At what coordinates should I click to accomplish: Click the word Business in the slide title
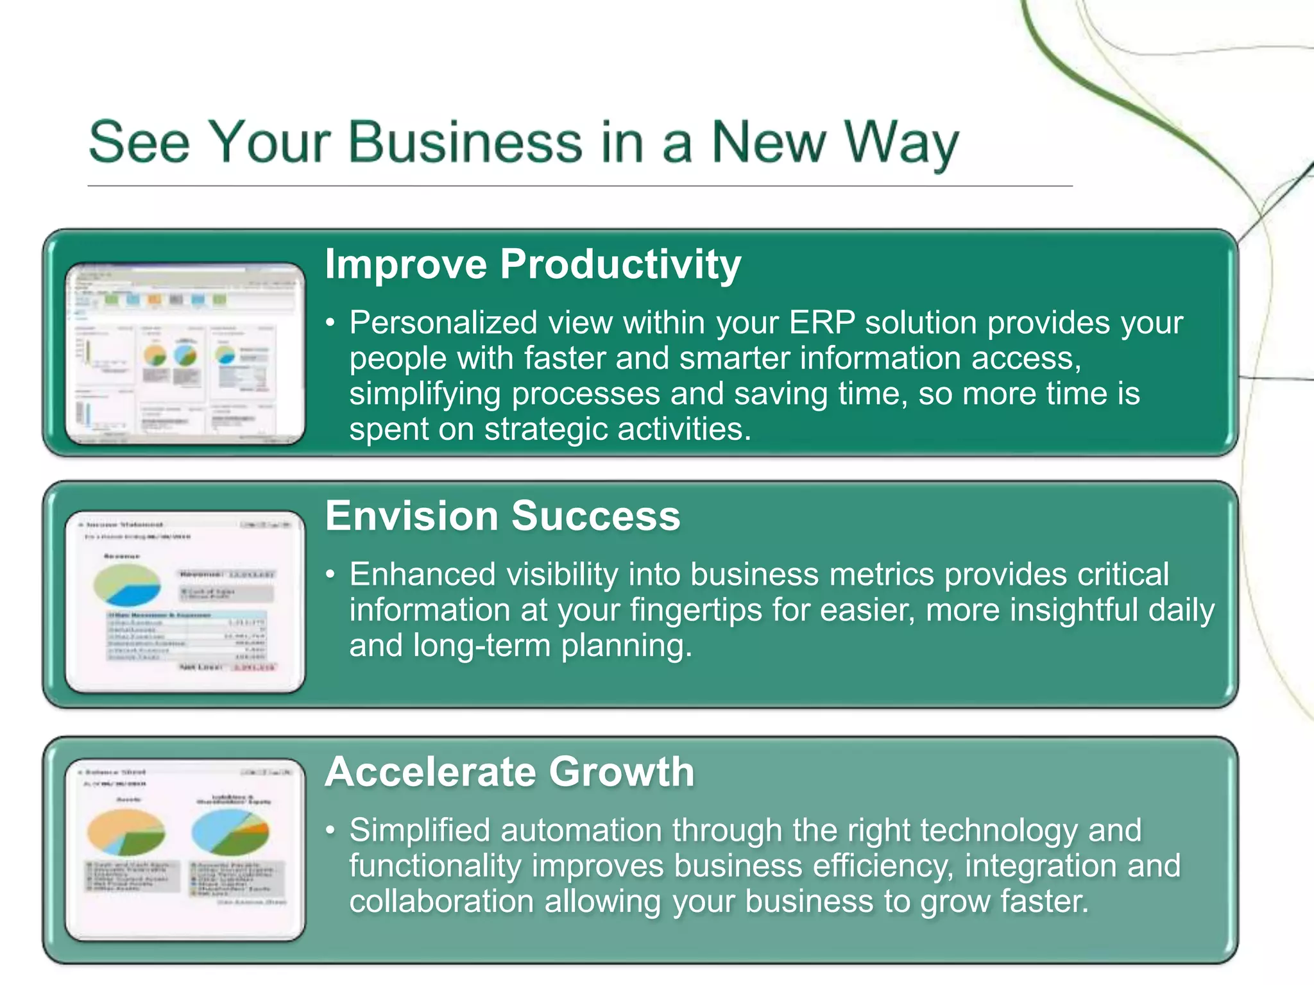[465, 142]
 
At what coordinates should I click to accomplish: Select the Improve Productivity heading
[533, 264]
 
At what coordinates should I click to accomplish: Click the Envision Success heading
[502, 516]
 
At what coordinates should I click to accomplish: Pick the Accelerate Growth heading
[509, 771]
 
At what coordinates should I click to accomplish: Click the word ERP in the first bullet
[822, 323]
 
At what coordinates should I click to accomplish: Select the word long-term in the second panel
[481, 645]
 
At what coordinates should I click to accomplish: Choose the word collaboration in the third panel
[441, 902]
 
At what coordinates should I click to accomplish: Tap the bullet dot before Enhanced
[330, 575]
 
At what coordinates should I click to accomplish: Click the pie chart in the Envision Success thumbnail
[126, 585]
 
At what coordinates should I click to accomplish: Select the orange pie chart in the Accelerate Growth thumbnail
[126, 832]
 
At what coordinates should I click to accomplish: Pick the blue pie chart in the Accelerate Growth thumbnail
[230, 832]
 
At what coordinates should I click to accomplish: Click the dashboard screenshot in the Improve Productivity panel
[185, 353]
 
